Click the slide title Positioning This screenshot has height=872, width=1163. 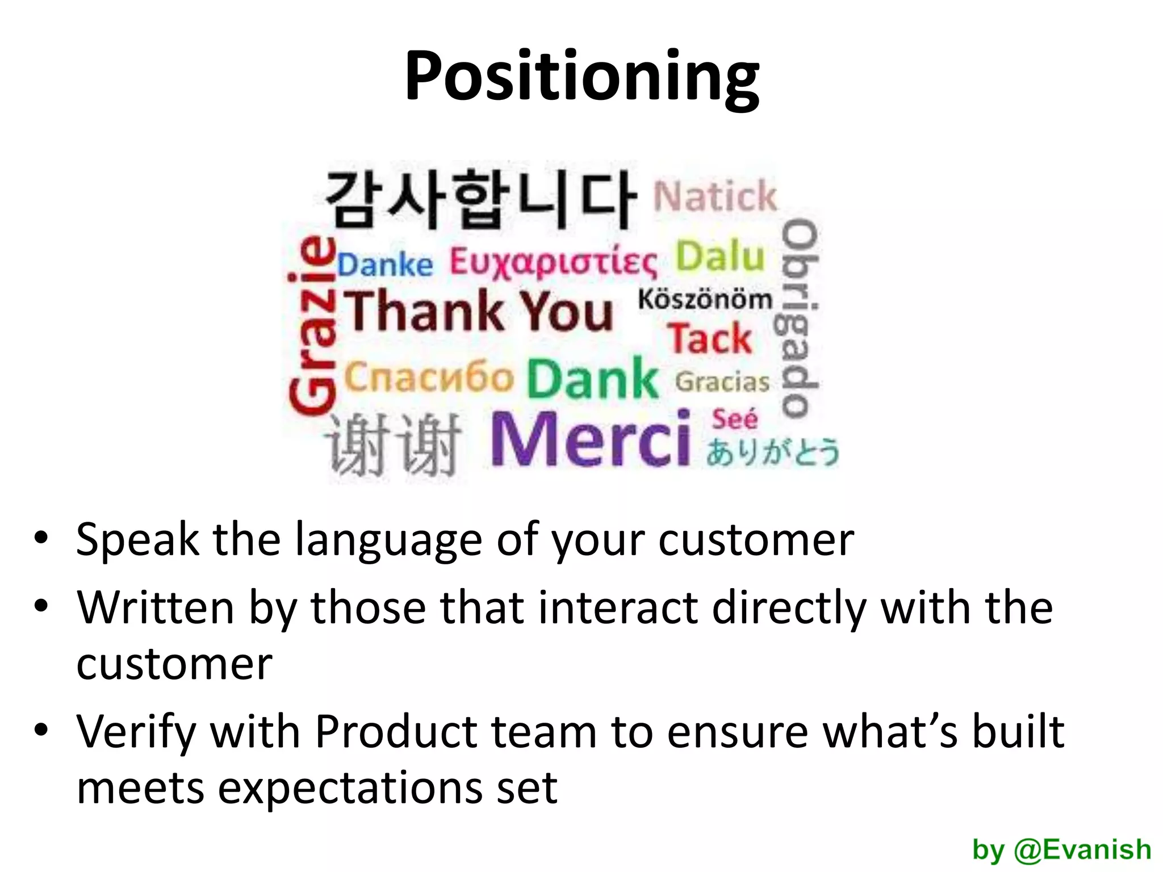point(581,77)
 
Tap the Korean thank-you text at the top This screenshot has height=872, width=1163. point(480,199)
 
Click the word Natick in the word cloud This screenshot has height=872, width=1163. point(715,196)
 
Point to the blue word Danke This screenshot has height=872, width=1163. point(386,265)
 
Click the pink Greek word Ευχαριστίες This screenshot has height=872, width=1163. point(554,263)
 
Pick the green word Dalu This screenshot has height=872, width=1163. point(720,256)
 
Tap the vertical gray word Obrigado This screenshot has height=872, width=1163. point(800,318)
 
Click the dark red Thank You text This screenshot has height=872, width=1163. point(480,311)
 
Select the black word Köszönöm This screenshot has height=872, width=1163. point(705,299)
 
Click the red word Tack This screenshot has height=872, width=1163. point(710,338)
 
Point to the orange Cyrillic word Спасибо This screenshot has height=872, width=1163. point(429,377)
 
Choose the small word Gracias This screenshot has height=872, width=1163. point(722,382)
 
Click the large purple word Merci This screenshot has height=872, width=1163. point(591,439)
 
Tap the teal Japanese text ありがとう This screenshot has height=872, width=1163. point(772,452)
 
